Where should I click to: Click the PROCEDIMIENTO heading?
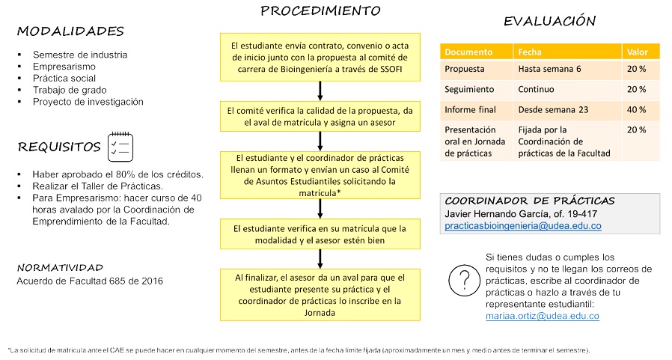(320, 10)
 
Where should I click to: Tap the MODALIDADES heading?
(70, 31)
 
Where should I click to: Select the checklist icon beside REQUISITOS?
(120, 147)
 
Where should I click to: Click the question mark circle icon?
(464, 281)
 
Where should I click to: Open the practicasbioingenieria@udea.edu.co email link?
(523, 226)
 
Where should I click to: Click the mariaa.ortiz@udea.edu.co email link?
(542, 316)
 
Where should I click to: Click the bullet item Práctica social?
(64, 79)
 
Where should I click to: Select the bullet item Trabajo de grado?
(70, 90)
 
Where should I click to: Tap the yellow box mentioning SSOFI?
(320, 58)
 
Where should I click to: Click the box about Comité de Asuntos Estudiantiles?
(320, 175)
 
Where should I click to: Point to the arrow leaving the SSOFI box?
(320, 91)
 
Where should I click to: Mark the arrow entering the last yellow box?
(320, 259)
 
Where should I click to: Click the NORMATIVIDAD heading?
(60, 268)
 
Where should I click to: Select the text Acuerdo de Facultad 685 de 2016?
(90, 281)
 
